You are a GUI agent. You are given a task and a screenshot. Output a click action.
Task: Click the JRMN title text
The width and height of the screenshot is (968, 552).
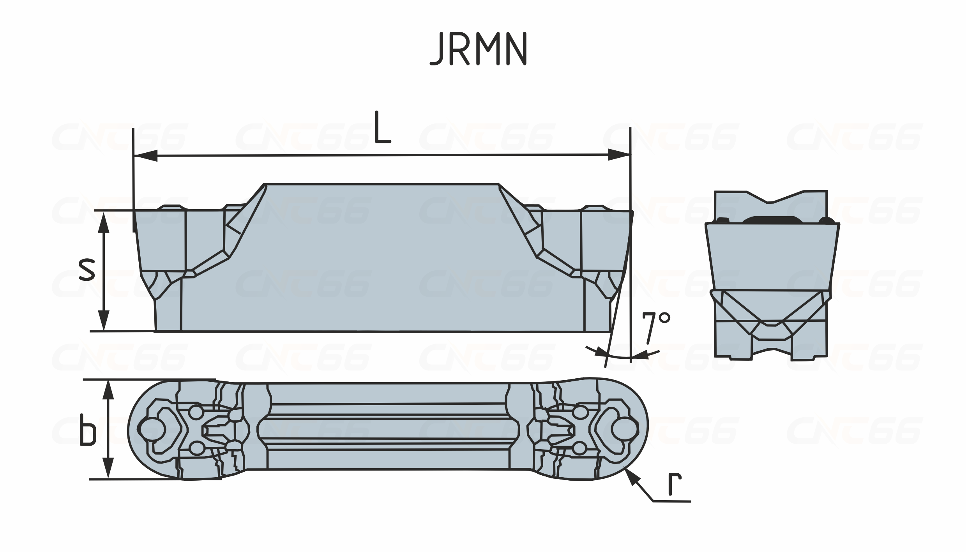pyautogui.click(x=479, y=49)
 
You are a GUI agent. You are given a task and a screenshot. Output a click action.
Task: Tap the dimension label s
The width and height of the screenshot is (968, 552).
pyautogui.click(x=86, y=269)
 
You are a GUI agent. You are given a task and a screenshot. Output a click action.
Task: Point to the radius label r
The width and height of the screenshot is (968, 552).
pyautogui.click(x=675, y=484)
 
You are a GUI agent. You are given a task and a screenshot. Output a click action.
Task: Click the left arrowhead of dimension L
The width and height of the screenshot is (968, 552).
pyautogui.click(x=145, y=156)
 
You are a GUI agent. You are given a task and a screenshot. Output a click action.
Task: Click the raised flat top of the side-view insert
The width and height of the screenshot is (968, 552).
pyautogui.click(x=381, y=184)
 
